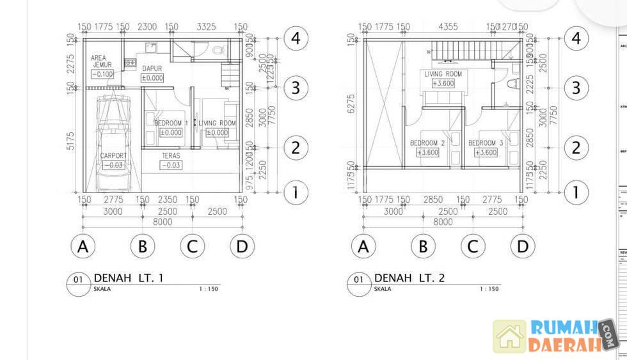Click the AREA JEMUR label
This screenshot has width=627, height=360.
pos(102,61)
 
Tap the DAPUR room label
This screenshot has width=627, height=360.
pos(152,68)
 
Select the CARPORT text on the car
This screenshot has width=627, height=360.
pos(113,155)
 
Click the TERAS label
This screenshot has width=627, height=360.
pos(170,155)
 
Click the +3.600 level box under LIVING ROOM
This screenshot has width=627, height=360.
pos(443,83)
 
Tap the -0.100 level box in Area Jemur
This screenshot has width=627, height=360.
pos(102,74)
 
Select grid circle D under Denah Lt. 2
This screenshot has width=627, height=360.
pos(523,246)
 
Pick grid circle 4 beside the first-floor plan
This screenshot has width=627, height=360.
pos(295,38)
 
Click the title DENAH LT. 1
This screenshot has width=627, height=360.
pos(129,278)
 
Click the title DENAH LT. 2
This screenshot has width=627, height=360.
pos(409,278)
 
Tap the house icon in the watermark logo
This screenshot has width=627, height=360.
pos(509,336)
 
